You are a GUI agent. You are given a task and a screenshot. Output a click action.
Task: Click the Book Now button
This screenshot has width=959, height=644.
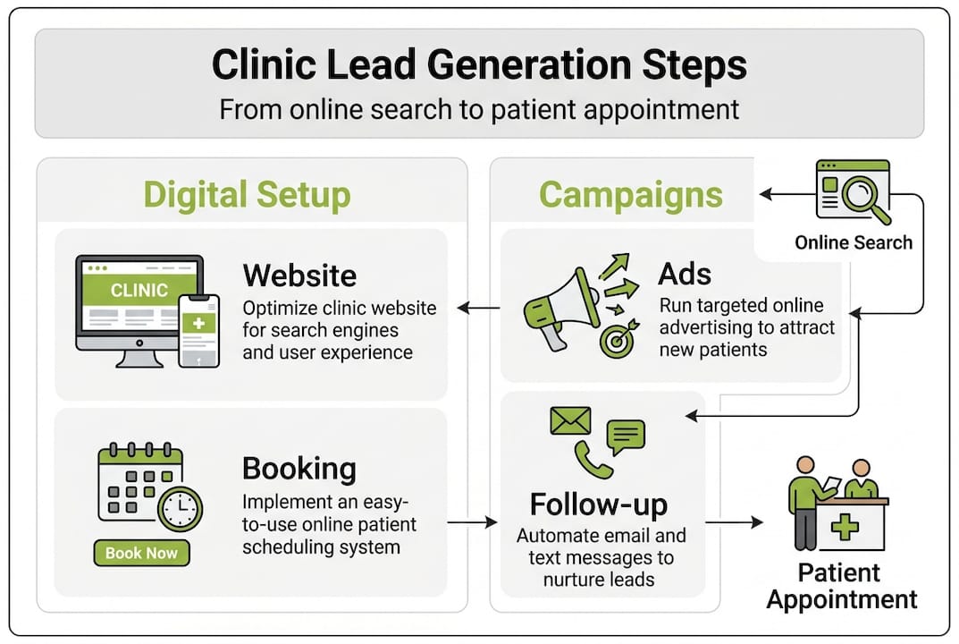[x=141, y=553]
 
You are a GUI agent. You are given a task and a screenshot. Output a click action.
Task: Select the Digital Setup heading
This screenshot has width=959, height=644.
[x=247, y=195]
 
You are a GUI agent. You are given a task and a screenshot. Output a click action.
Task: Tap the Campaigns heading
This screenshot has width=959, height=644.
[x=630, y=195]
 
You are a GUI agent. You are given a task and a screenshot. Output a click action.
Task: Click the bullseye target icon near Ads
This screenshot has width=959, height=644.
[x=617, y=341]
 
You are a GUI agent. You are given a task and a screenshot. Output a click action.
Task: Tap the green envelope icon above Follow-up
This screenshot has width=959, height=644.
[x=570, y=420]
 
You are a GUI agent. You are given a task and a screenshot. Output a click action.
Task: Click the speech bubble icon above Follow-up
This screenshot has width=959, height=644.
[x=626, y=437]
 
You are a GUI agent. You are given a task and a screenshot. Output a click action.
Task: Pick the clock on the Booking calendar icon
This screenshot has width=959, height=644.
[x=180, y=509]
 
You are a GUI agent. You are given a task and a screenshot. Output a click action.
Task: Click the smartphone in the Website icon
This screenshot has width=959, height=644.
[x=198, y=330]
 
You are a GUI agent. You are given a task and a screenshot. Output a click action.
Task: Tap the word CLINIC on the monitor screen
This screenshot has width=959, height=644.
[x=139, y=290]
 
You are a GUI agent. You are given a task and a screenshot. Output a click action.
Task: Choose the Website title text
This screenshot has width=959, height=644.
[x=299, y=275]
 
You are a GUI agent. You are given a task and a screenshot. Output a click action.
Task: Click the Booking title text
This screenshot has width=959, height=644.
[x=299, y=469]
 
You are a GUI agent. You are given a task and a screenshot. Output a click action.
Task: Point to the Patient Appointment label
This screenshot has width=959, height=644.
[x=841, y=586]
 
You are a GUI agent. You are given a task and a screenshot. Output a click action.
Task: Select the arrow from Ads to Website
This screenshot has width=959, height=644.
[x=479, y=309]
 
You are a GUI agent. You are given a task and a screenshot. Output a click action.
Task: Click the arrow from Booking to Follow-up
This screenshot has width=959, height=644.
[x=471, y=521]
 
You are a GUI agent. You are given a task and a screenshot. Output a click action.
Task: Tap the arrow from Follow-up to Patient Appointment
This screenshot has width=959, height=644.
[x=734, y=521]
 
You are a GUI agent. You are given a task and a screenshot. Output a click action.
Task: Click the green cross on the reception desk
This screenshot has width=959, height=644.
[x=845, y=527]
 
